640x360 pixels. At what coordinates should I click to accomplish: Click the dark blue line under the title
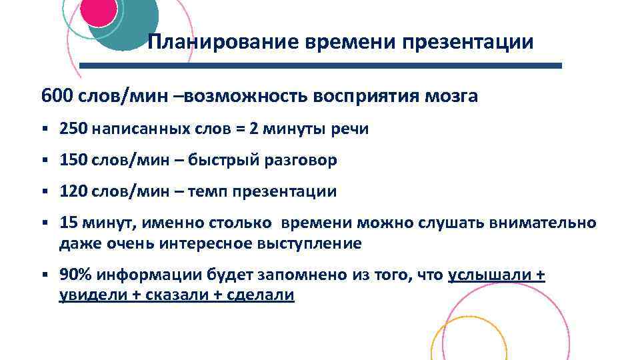coord(321,66)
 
